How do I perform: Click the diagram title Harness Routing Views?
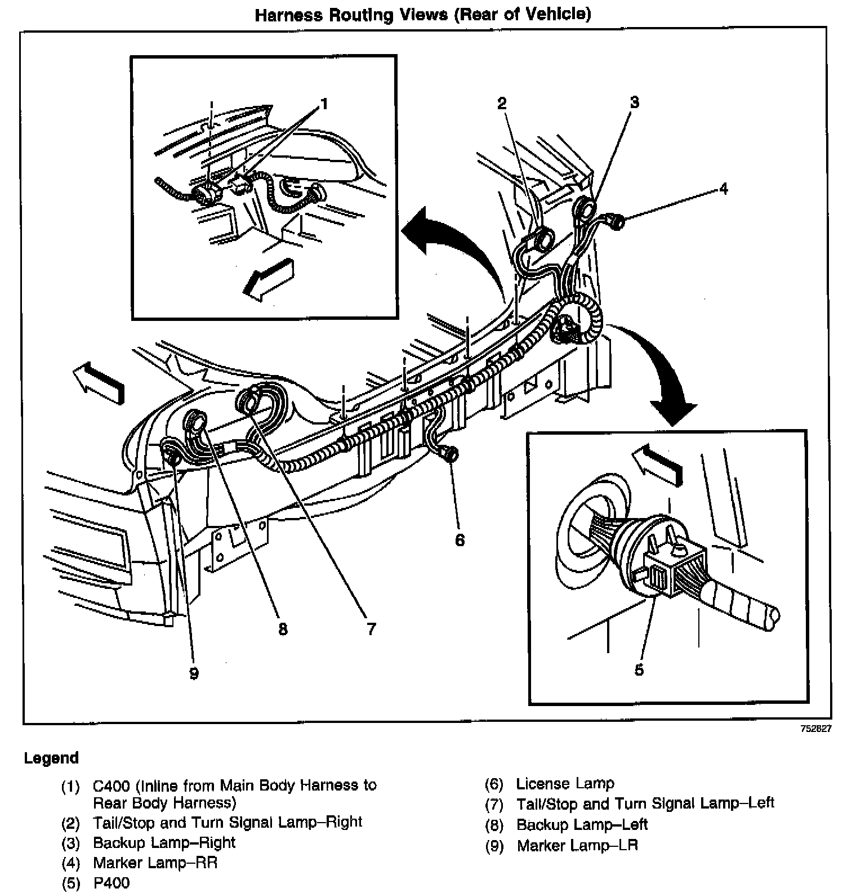[x=423, y=15]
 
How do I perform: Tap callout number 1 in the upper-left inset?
[x=324, y=104]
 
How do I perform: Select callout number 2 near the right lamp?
[x=501, y=102]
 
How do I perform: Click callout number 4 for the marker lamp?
[x=724, y=188]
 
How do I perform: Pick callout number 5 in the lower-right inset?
[x=639, y=669]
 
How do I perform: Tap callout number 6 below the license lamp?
[x=460, y=540]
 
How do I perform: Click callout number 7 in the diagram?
[x=371, y=628]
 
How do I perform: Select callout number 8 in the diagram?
[x=283, y=628]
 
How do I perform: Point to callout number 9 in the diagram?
[x=194, y=673]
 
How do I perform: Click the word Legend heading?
[x=51, y=758]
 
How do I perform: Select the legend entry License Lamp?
[x=565, y=783]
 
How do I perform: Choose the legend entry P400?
[x=111, y=882]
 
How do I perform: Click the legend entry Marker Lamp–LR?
[x=577, y=845]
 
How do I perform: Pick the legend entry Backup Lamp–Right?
[x=164, y=843]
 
